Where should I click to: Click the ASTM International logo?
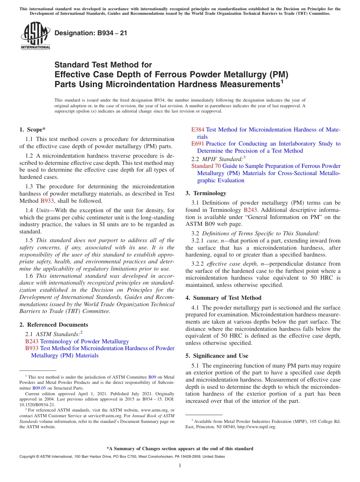[35, 36]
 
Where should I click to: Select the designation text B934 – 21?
[91, 33]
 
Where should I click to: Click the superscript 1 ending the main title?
[282, 81]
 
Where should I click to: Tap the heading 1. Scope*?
[33, 129]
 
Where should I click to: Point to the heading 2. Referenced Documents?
[54, 325]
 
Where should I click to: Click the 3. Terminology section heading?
[206, 193]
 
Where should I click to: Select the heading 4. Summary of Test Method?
[224, 298]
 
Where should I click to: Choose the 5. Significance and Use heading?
[217, 356]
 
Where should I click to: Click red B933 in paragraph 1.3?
[47, 201]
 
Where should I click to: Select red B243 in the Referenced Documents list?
[32, 341]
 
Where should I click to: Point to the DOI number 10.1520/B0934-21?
[37, 404]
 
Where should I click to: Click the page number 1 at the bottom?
[180, 466]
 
